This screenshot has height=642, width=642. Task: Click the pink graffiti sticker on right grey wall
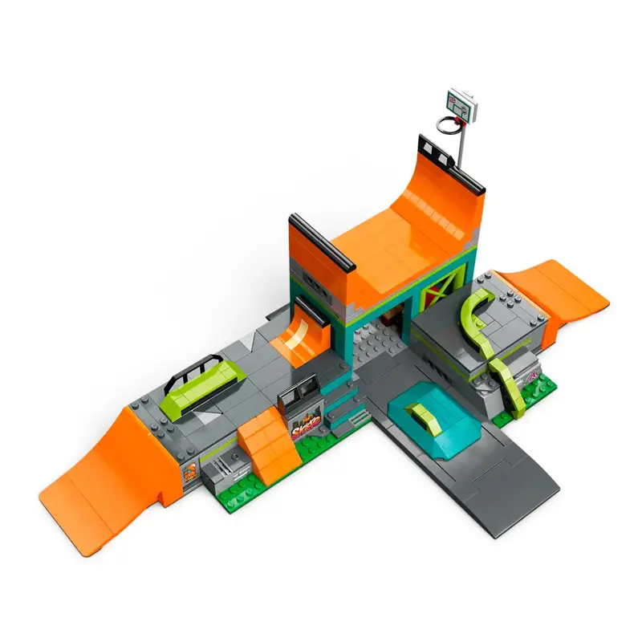(531, 368)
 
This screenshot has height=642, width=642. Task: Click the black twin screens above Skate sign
(299, 394)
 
